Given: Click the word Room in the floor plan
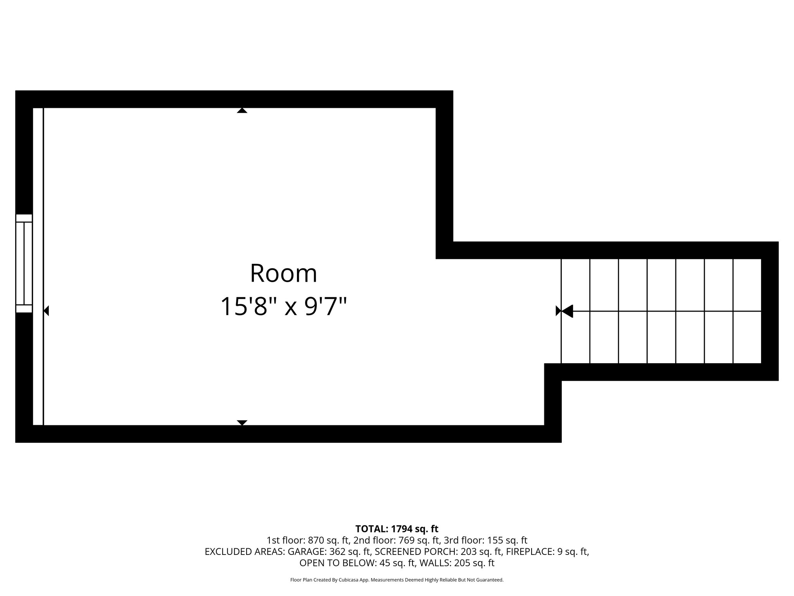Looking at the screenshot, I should coord(283,274).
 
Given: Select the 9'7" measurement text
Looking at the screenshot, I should coord(325,307).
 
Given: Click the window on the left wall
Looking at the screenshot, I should coord(24,263).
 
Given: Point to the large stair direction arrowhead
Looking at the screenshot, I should coord(567,311).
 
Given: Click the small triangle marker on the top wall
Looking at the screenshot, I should coord(242,111).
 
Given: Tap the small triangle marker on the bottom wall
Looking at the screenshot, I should coord(242,423).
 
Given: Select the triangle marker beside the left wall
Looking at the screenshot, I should coord(46,311).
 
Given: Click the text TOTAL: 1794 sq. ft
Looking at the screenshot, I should coord(397,528).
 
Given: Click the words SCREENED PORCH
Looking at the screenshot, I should coord(416,551).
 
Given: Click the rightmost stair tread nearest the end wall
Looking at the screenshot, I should coord(747,311).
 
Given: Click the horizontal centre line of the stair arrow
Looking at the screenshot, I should coord(659,311).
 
